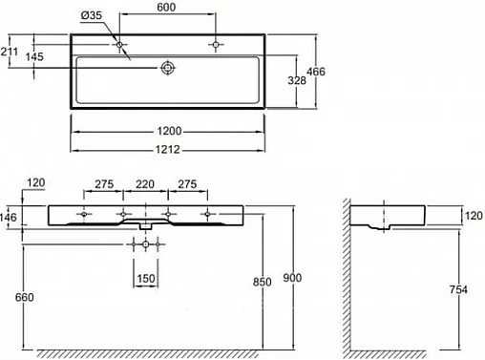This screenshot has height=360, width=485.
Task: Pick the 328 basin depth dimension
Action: (x=298, y=82)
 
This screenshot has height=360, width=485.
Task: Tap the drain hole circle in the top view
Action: (x=168, y=68)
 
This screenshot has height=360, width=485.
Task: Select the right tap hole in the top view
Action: (x=217, y=44)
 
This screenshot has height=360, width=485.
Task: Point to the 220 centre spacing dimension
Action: (x=145, y=184)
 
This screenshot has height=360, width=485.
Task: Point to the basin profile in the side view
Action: (x=388, y=218)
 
